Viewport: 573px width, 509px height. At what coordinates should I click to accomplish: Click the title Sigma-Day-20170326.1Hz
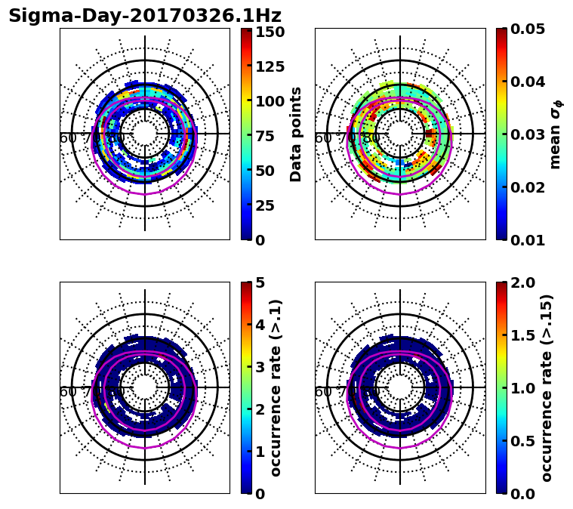click(145, 16)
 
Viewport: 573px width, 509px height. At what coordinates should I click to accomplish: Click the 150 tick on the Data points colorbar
click(270, 32)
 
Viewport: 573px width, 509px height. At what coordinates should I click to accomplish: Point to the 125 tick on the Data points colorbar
click(270, 66)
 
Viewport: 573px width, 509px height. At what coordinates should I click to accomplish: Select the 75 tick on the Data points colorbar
click(270, 136)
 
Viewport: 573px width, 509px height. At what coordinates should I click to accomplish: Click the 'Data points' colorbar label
click(296, 134)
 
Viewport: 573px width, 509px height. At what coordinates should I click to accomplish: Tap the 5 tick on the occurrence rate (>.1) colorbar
click(260, 282)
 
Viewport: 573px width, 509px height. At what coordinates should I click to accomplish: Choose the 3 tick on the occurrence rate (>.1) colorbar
click(260, 367)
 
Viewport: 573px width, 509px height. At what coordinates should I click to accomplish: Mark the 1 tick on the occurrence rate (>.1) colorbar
click(260, 452)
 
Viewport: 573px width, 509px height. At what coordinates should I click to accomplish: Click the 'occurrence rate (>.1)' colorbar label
click(276, 387)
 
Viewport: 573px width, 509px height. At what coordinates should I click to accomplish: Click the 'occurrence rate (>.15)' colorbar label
click(547, 387)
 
